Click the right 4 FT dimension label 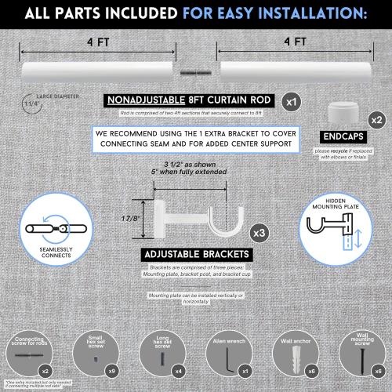coord(291,42)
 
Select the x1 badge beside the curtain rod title coord(291,101)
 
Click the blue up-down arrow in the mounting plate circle coord(355,236)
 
